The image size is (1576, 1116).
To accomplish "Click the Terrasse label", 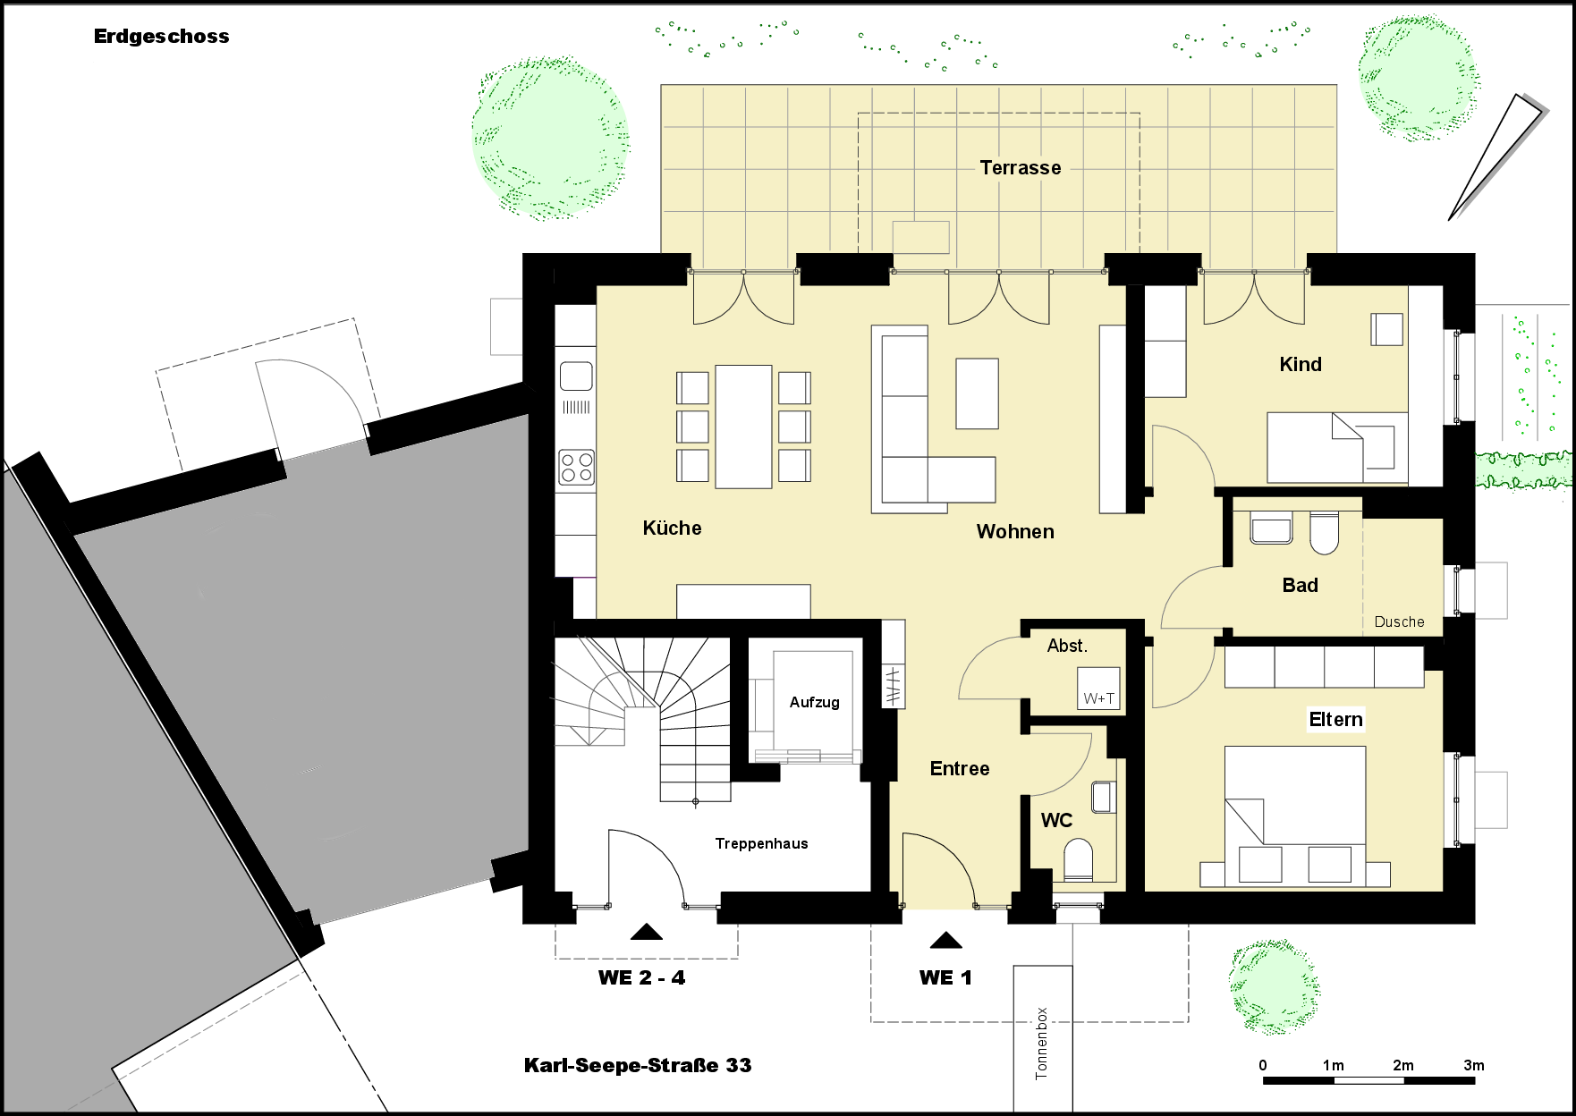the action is (x=1020, y=168).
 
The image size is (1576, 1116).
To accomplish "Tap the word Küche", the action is (x=672, y=528).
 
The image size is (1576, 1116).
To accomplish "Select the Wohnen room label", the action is (x=1015, y=531).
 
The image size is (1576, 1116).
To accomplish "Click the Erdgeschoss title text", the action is (x=161, y=37).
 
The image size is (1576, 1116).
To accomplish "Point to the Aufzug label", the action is (x=814, y=703).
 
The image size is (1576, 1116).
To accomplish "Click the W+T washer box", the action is (x=1098, y=689).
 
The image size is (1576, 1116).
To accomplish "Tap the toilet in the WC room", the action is (x=1079, y=859).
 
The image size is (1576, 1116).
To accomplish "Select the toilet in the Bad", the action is (x=1324, y=533).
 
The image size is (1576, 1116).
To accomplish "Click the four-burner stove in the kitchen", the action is (x=576, y=468).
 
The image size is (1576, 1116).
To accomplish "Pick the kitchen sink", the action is (x=576, y=376).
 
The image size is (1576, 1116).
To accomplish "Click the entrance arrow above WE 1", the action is (x=945, y=940).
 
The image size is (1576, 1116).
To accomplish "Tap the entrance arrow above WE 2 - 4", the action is (x=646, y=932).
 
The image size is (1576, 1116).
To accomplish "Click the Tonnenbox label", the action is (x=1041, y=1043).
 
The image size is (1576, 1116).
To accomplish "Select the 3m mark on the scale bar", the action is (x=1473, y=1065).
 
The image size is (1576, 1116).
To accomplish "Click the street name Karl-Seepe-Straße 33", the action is (x=638, y=1065).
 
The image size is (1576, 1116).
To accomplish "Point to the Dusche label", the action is (x=1399, y=621).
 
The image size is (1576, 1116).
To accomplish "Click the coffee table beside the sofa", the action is (x=977, y=393).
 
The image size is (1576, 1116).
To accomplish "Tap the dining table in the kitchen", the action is (x=743, y=427).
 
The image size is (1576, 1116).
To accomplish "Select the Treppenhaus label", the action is (x=761, y=843).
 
